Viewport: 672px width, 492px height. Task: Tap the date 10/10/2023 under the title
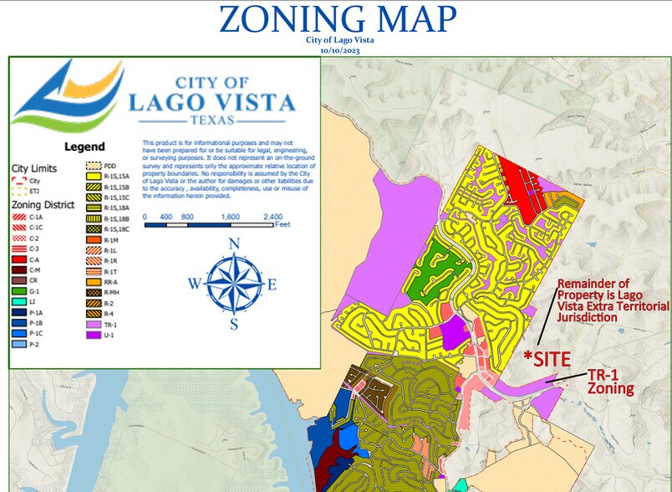tap(339, 50)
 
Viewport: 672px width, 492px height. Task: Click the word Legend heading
tap(84, 146)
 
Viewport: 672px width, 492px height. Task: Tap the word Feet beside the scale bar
tap(282, 225)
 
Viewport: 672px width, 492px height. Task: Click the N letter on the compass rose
tap(234, 244)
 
